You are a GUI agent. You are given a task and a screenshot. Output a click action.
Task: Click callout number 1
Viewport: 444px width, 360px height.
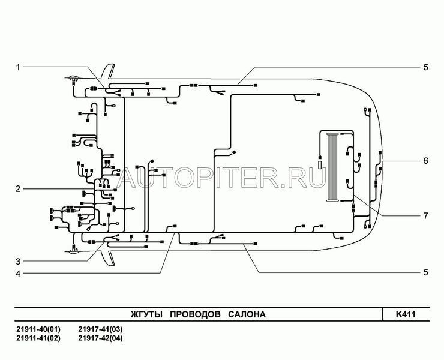(x=18, y=67)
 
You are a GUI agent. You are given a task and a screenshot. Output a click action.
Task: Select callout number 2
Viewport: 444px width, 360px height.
(x=18, y=189)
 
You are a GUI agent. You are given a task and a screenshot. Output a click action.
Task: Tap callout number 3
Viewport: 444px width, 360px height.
(x=18, y=262)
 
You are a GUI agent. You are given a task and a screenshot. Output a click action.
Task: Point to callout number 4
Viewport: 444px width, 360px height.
(x=18, y=274)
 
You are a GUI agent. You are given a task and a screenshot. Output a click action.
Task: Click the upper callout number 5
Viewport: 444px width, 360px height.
(x=425, y=67)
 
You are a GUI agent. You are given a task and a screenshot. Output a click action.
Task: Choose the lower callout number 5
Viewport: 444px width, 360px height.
(x=425, y=272)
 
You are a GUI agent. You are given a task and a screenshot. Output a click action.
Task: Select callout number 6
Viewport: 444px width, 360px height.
(x=425, y=161)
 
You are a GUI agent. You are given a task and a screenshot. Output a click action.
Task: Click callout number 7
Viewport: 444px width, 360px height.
(x=425, y=216)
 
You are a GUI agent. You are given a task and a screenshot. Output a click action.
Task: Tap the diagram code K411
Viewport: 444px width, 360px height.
(x=406, y=314)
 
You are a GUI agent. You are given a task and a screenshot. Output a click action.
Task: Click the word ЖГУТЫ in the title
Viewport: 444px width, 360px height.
(x=146, y=314)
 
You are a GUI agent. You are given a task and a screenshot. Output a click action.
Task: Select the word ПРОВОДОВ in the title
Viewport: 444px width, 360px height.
(x=196, y=314)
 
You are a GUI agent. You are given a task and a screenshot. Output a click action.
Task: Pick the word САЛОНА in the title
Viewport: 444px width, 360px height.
(x=247, y=314)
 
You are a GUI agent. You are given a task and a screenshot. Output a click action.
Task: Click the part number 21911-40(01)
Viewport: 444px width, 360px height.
(x=38, y=329)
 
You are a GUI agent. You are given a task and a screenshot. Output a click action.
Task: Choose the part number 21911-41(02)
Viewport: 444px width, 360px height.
(x=38, y=338)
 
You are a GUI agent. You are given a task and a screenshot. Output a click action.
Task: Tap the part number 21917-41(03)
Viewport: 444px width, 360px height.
(x=101, y=329)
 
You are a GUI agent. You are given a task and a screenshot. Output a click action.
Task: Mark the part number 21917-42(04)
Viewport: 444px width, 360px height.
(x=101, y=338)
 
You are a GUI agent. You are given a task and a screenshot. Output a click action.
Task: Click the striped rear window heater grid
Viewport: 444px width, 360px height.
(x=333, y=167)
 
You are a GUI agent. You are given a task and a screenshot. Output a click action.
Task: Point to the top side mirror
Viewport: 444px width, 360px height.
(x=108, y=71)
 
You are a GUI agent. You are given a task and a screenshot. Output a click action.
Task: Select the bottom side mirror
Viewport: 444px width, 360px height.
(x=108, y=257)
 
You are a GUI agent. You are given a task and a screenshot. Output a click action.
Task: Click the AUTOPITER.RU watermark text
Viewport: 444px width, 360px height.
(x=222, y=178)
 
